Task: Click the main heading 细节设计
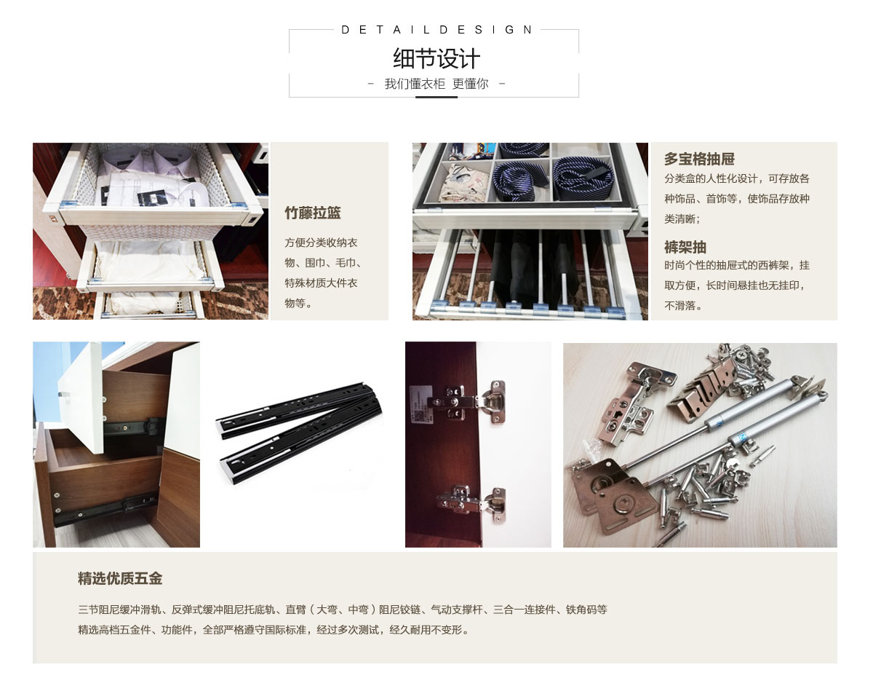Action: point(436,58)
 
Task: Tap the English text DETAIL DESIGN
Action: point(436,30)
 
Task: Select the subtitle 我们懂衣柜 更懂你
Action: point(436,84)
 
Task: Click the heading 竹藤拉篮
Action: point(312,213)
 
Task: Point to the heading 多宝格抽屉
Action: point(699,158)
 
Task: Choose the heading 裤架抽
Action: point(685,247)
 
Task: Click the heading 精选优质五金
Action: point(120,578)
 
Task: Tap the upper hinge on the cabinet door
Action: point(466,402)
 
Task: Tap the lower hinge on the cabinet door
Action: point(471,503)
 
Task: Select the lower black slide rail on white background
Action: point(300,446)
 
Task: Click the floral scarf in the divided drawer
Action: point(466,183)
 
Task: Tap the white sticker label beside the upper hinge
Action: point(420,404)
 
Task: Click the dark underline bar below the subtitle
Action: point(436,97)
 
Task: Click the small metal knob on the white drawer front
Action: point(63,394)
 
